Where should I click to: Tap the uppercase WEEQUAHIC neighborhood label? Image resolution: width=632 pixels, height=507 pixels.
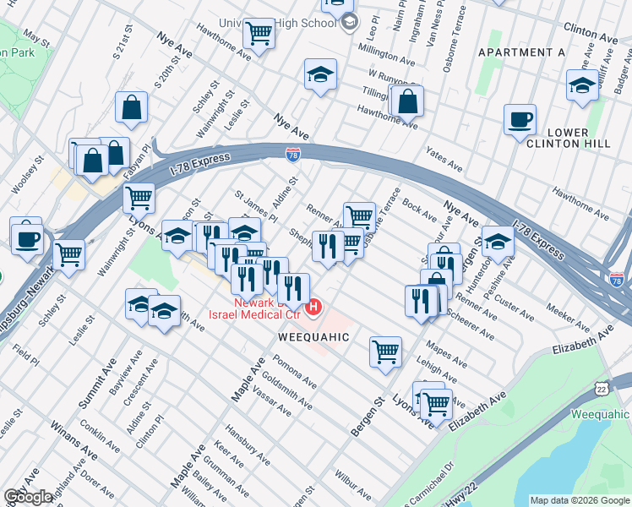(313, 337)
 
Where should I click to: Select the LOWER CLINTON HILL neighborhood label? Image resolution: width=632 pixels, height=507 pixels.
(579, 139)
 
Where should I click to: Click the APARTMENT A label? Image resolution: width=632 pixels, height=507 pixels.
(521, 52)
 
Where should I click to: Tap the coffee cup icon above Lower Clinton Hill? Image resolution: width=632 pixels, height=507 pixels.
(520, 119)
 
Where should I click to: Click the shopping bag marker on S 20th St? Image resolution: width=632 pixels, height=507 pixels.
(132, 106)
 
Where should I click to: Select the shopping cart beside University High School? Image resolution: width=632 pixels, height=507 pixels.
(259, 34)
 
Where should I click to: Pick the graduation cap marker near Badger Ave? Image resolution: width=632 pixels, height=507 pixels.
(582, 85)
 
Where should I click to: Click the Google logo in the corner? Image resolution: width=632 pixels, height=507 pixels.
(28, 497)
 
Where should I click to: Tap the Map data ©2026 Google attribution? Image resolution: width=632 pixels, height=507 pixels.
(579, 499)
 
